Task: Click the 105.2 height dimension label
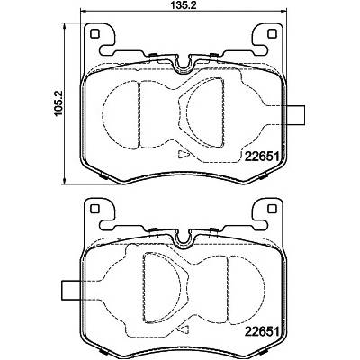coord(58,104)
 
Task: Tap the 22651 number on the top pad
coord(263,157)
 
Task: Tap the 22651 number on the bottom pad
coord(263,331)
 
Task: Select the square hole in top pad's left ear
coord(94,34)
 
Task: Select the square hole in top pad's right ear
coord(272,34)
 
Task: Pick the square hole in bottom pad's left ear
coord(94,208)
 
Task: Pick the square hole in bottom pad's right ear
coord(272,208)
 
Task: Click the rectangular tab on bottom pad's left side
coord(71,290)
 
